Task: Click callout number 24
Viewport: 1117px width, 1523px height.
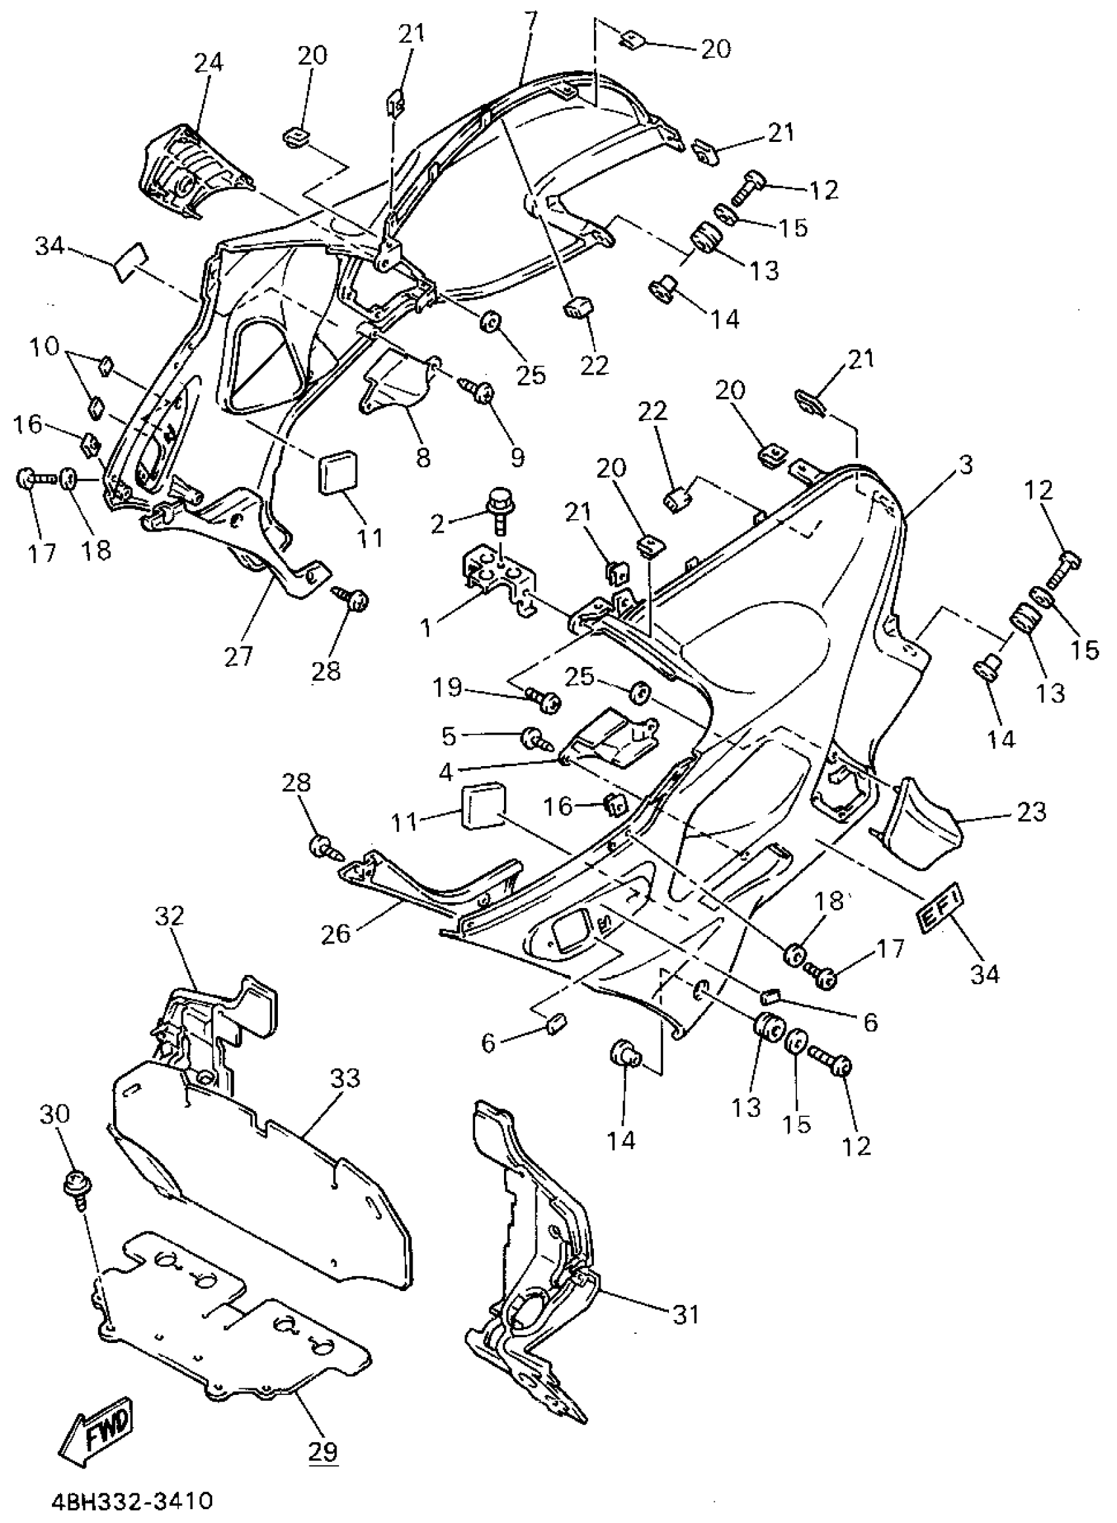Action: coord(208,62)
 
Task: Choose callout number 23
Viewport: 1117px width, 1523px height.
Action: coord(1031,811)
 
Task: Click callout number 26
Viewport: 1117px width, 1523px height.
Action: coord(336,934)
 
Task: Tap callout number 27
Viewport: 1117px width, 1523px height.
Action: coord(239,656)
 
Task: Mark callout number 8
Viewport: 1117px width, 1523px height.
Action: coord(422,457)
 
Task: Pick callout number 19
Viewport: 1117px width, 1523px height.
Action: coord(447,688)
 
